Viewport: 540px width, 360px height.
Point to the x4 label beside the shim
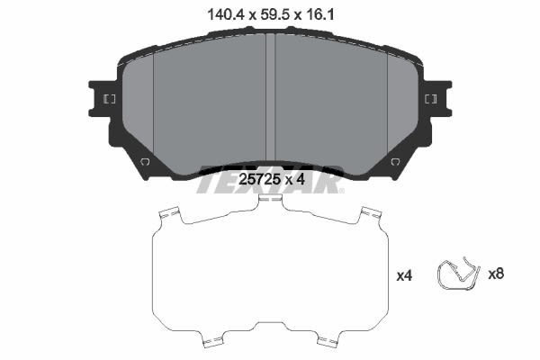[x=404, y=275]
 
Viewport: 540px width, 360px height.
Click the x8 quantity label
[x=496, y=274]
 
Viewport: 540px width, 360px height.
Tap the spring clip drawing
[x=458, y=274]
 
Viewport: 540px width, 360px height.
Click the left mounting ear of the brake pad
[x=103, y=99]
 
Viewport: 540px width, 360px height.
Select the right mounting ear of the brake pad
[x=437, y=99]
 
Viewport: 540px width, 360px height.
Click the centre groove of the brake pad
[x=271, y=97]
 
